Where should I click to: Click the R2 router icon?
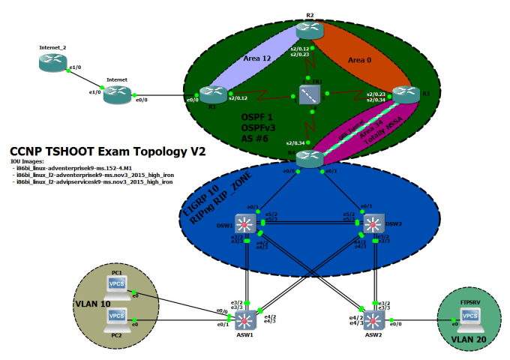[308, 31]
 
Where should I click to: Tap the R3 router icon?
[406, 94]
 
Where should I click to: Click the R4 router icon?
[308, 159]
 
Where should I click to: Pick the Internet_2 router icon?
[53, 63]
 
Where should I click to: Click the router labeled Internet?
[117, 94]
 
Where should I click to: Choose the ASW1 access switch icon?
[244, 320]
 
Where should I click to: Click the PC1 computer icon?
[117, 286]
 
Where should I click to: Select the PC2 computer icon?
[117, 318]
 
